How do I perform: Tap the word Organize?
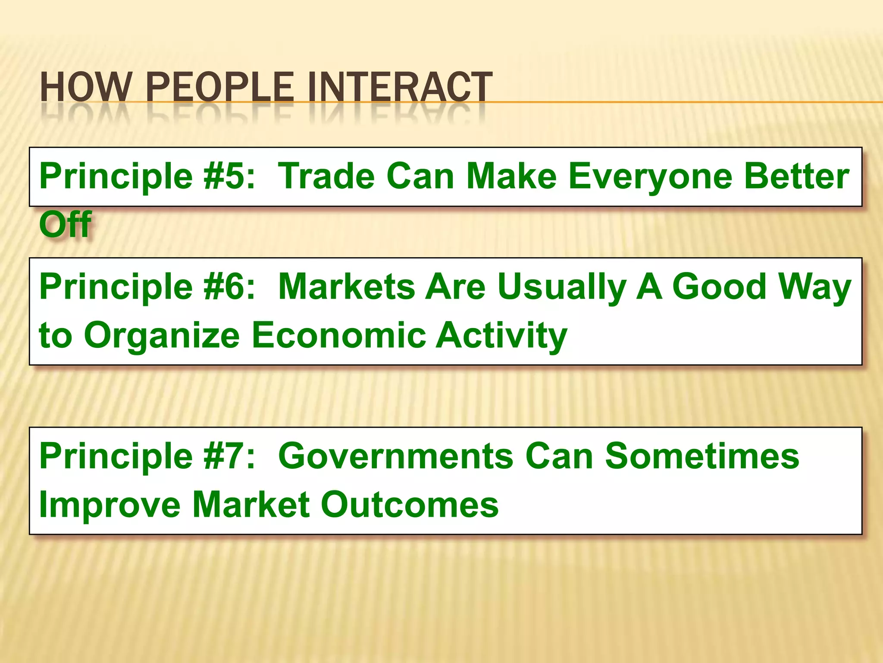(x=162, y=336)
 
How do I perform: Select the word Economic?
(x=339, y=335)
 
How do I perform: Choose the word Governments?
(x=396, y=456)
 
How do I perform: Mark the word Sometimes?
(x=702, y=456)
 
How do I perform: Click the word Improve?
(x=110, y=505)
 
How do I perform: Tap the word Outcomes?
(x=410, y=505)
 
